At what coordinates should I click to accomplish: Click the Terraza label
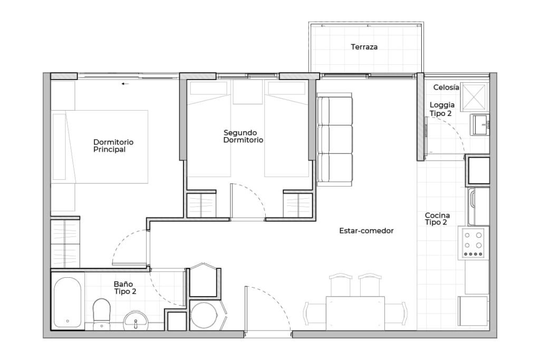point(364,47)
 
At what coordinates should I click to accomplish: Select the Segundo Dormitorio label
point(243,137)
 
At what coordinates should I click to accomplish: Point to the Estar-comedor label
point(366,230)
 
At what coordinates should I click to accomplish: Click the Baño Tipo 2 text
point(125,288)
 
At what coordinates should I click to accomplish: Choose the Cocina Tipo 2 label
point(437,219)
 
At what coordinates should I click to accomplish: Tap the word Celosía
point(446,87)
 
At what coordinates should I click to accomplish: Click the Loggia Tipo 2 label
point(442,109)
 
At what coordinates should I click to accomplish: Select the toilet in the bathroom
point(101,313)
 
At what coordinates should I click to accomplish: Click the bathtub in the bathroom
point(67,302)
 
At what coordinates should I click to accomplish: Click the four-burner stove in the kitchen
point(473,242)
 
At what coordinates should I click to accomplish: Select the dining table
point(355,313)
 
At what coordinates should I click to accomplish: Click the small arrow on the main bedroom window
point(126,84)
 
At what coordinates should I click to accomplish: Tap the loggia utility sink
point(480,125)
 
